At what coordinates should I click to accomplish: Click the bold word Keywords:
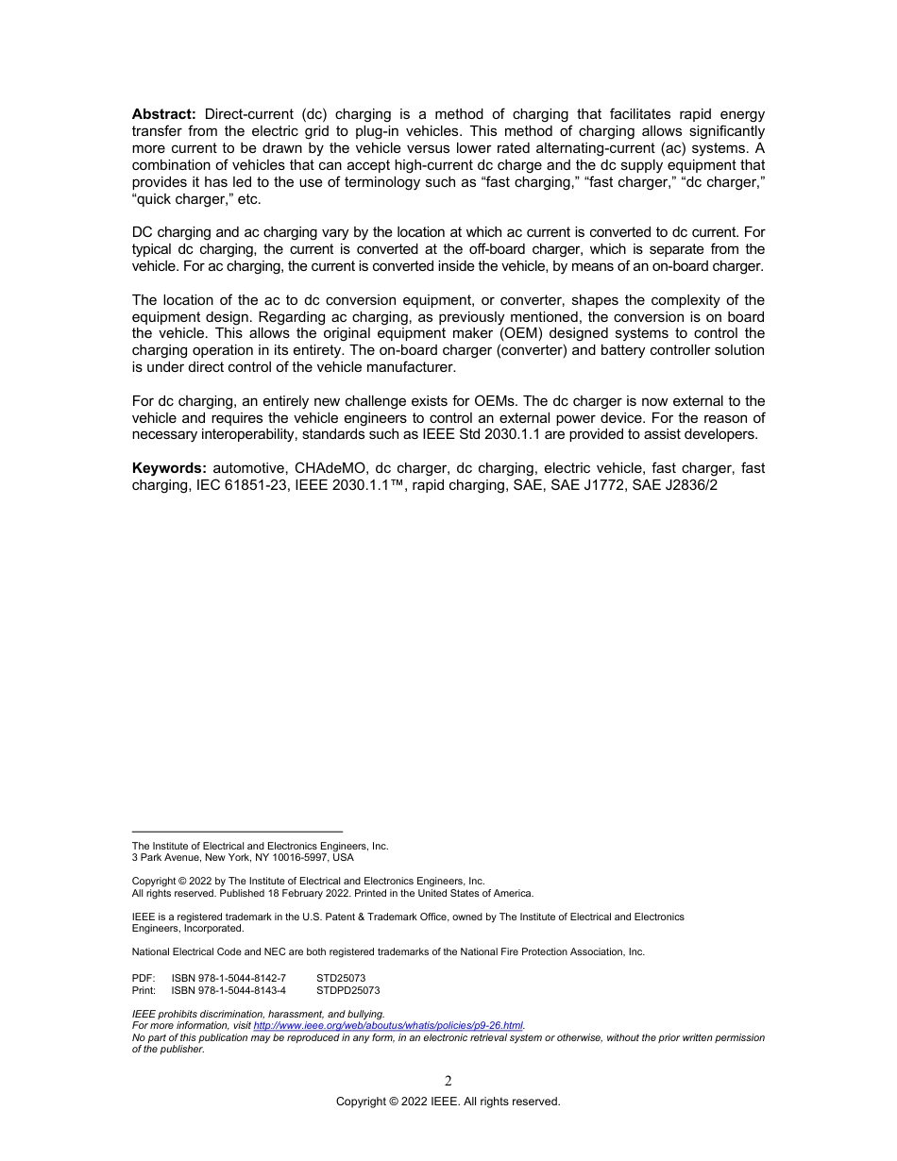(x=170, y=467)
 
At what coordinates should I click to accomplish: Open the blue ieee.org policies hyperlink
(x=388, y=1026)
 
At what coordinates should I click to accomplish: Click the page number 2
(x=448, y=1082)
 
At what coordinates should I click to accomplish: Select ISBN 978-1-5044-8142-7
(x=228, y=979)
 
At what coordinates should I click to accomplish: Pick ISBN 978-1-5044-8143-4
(x=228, y=991)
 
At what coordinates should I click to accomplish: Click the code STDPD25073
(x=347, y=991)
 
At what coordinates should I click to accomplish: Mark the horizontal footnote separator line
(x=237, y=832)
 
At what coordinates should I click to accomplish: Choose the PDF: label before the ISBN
(x=144, y=979)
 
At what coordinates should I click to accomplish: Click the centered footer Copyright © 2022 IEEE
(x=448, y=1102)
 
